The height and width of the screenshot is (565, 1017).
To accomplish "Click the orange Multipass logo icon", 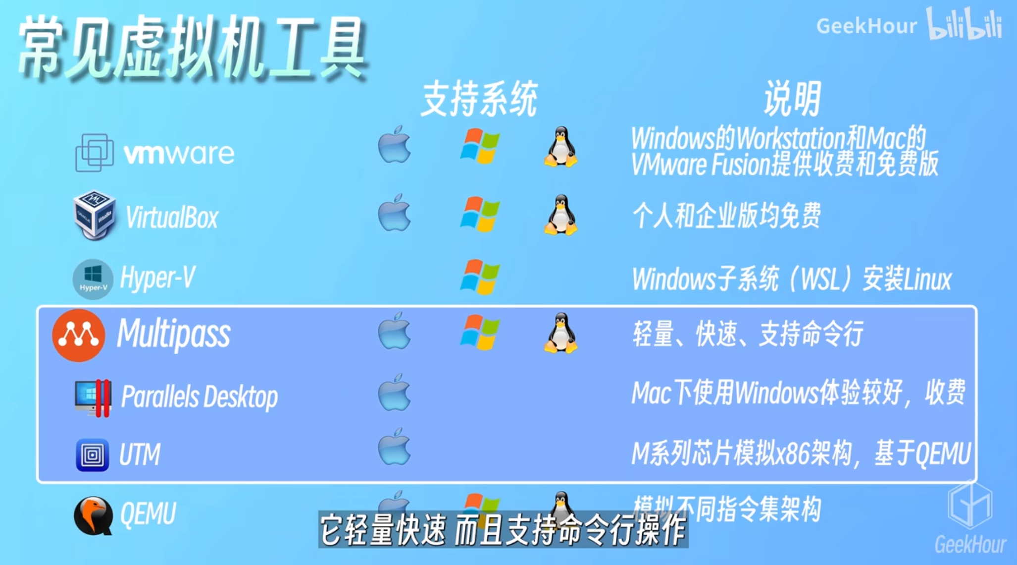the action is pyautogui.click(x=78, y=335).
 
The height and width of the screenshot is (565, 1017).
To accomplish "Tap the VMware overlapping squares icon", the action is pyautogui.click(x=94, y=153).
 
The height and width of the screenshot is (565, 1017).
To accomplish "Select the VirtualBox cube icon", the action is pyautogui.click(x=94, y=215).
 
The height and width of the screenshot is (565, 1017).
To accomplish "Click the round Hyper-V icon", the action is pyautogui.click(x=93, y=279).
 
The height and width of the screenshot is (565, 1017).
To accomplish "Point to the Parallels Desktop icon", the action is pyautogui.click(x=93, y=397).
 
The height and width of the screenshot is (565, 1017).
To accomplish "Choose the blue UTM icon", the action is pyautogui.click(x=93, y=454).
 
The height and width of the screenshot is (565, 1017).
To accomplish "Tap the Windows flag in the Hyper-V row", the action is pyautogui.click(x=479, y=277).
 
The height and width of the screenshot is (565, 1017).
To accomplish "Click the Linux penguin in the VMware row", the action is pyautogui.click(x=560, y=147).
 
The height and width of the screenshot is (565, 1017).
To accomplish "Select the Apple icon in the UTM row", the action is pyautogui.click(x=394, y=447).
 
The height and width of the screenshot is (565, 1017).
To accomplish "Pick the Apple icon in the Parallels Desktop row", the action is pyautogui.click(x=394, y=393).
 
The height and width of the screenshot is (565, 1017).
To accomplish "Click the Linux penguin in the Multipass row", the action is pyautogui.click(x=560, y=333).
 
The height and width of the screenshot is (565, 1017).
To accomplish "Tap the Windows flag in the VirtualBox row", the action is pyautogui.click(x=479, y=214).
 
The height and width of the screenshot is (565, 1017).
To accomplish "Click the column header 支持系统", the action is pyautogui.click(x=479, y=99).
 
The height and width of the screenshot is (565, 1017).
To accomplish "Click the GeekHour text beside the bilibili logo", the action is pyautogui.click(x=866, y=26).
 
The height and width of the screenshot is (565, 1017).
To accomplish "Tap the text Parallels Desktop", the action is pyautogui.click(x=200, y=397).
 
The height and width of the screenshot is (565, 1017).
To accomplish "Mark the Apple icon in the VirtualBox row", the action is pyautogui.click(x=394, y=213).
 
